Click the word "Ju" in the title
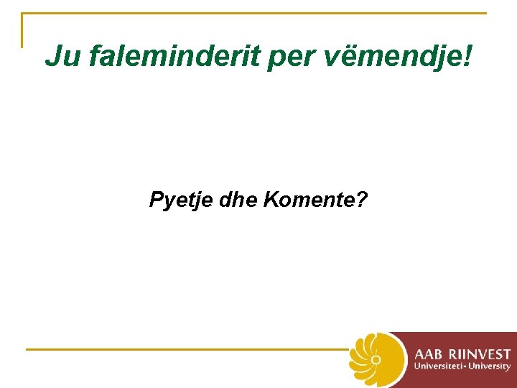(x=62, y=56)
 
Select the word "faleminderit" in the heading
(x=173, y=56)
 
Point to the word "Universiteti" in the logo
(x=439, y=366)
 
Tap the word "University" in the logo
(x=490, y=366)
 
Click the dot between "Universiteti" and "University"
(x=467, y=366)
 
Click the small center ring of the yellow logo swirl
(x=375, y=359)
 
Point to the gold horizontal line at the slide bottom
(x=187, y=349)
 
